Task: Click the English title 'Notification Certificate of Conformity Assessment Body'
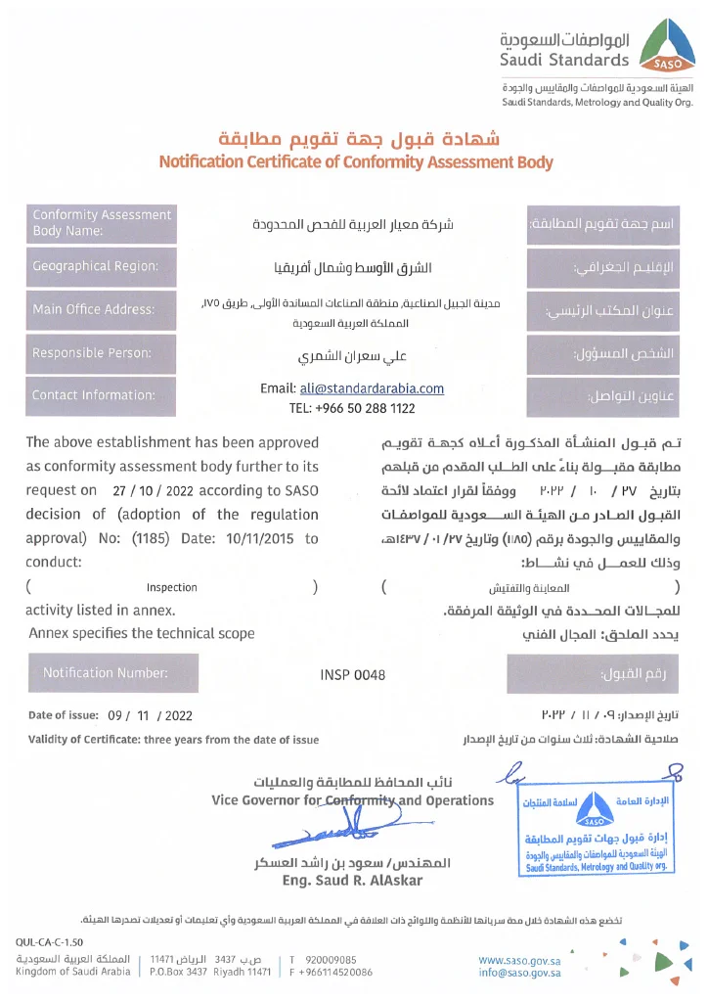tap(356, 162)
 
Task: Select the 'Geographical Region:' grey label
tap(95, 266)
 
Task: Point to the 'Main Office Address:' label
tap(94, 309)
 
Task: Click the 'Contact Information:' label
tap(94, 395)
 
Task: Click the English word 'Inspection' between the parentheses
tap(172, 587)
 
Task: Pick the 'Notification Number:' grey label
tap(106, 673)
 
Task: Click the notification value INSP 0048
tap(353, 674)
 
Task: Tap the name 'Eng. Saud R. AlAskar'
tap(337, 881)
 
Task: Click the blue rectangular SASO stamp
tap(596, 833)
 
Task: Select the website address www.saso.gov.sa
tap(519, 961)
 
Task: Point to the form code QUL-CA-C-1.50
tap(50, 942)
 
